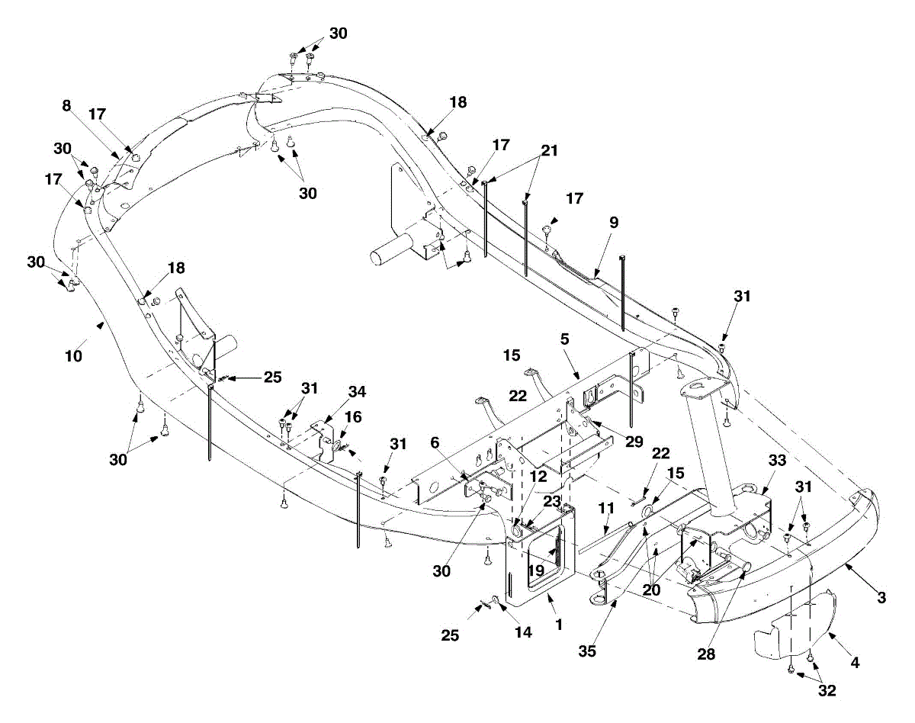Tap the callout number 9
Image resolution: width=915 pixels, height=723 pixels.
[614, 223]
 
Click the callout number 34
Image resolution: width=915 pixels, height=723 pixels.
[357, 392]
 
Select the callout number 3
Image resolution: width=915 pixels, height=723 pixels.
[881, 598]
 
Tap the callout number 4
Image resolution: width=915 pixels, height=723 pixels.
[855, 663]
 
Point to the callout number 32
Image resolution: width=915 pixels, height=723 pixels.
[827, 691]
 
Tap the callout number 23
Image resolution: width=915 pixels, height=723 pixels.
[551, 501]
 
